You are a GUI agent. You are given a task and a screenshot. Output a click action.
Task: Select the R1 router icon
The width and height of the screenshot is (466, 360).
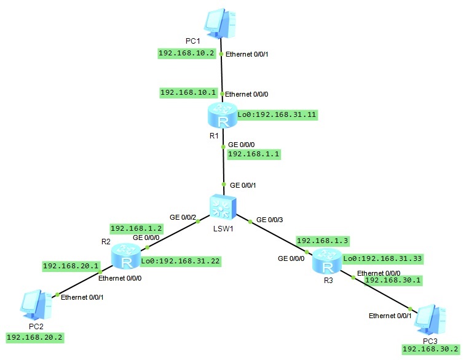pyautogui.click(x=222, y=116)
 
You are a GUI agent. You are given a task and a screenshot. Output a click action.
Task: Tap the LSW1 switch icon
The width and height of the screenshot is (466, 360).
pyautogui.click(x=220, y=207)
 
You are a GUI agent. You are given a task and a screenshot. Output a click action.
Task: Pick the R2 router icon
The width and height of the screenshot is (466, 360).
pyautogui.click(x=126, y=257)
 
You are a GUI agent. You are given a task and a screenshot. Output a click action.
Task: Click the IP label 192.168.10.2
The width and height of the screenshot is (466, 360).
pyautogui.click(x=186, y=54)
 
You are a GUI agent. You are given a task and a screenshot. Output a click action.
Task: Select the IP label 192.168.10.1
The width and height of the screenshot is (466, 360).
pyautogui.click(x=188, y=92)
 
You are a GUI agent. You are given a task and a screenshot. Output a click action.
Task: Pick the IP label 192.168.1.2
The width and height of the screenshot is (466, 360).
pyautogui.click(x=136, y=228)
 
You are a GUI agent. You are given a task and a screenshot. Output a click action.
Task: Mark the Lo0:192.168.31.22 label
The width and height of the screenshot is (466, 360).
pyautogui.click(x=180, y=261)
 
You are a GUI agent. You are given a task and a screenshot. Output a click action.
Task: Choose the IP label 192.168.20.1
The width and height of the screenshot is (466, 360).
pyautogui.click(x=70, y=266)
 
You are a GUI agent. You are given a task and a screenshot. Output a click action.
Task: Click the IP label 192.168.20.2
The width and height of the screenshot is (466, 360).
pyautogui.click(x=34, y=338)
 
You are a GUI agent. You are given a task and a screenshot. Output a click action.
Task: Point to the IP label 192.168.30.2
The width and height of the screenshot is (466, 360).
pyautogui.click(x=431, y=349)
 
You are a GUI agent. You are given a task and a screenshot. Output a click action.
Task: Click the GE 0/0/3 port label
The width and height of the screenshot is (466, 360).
pyautogui.click(x=271, y=219)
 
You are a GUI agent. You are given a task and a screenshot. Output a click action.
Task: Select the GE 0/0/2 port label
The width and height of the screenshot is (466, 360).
pyautogui.click(x=183, y=217)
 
